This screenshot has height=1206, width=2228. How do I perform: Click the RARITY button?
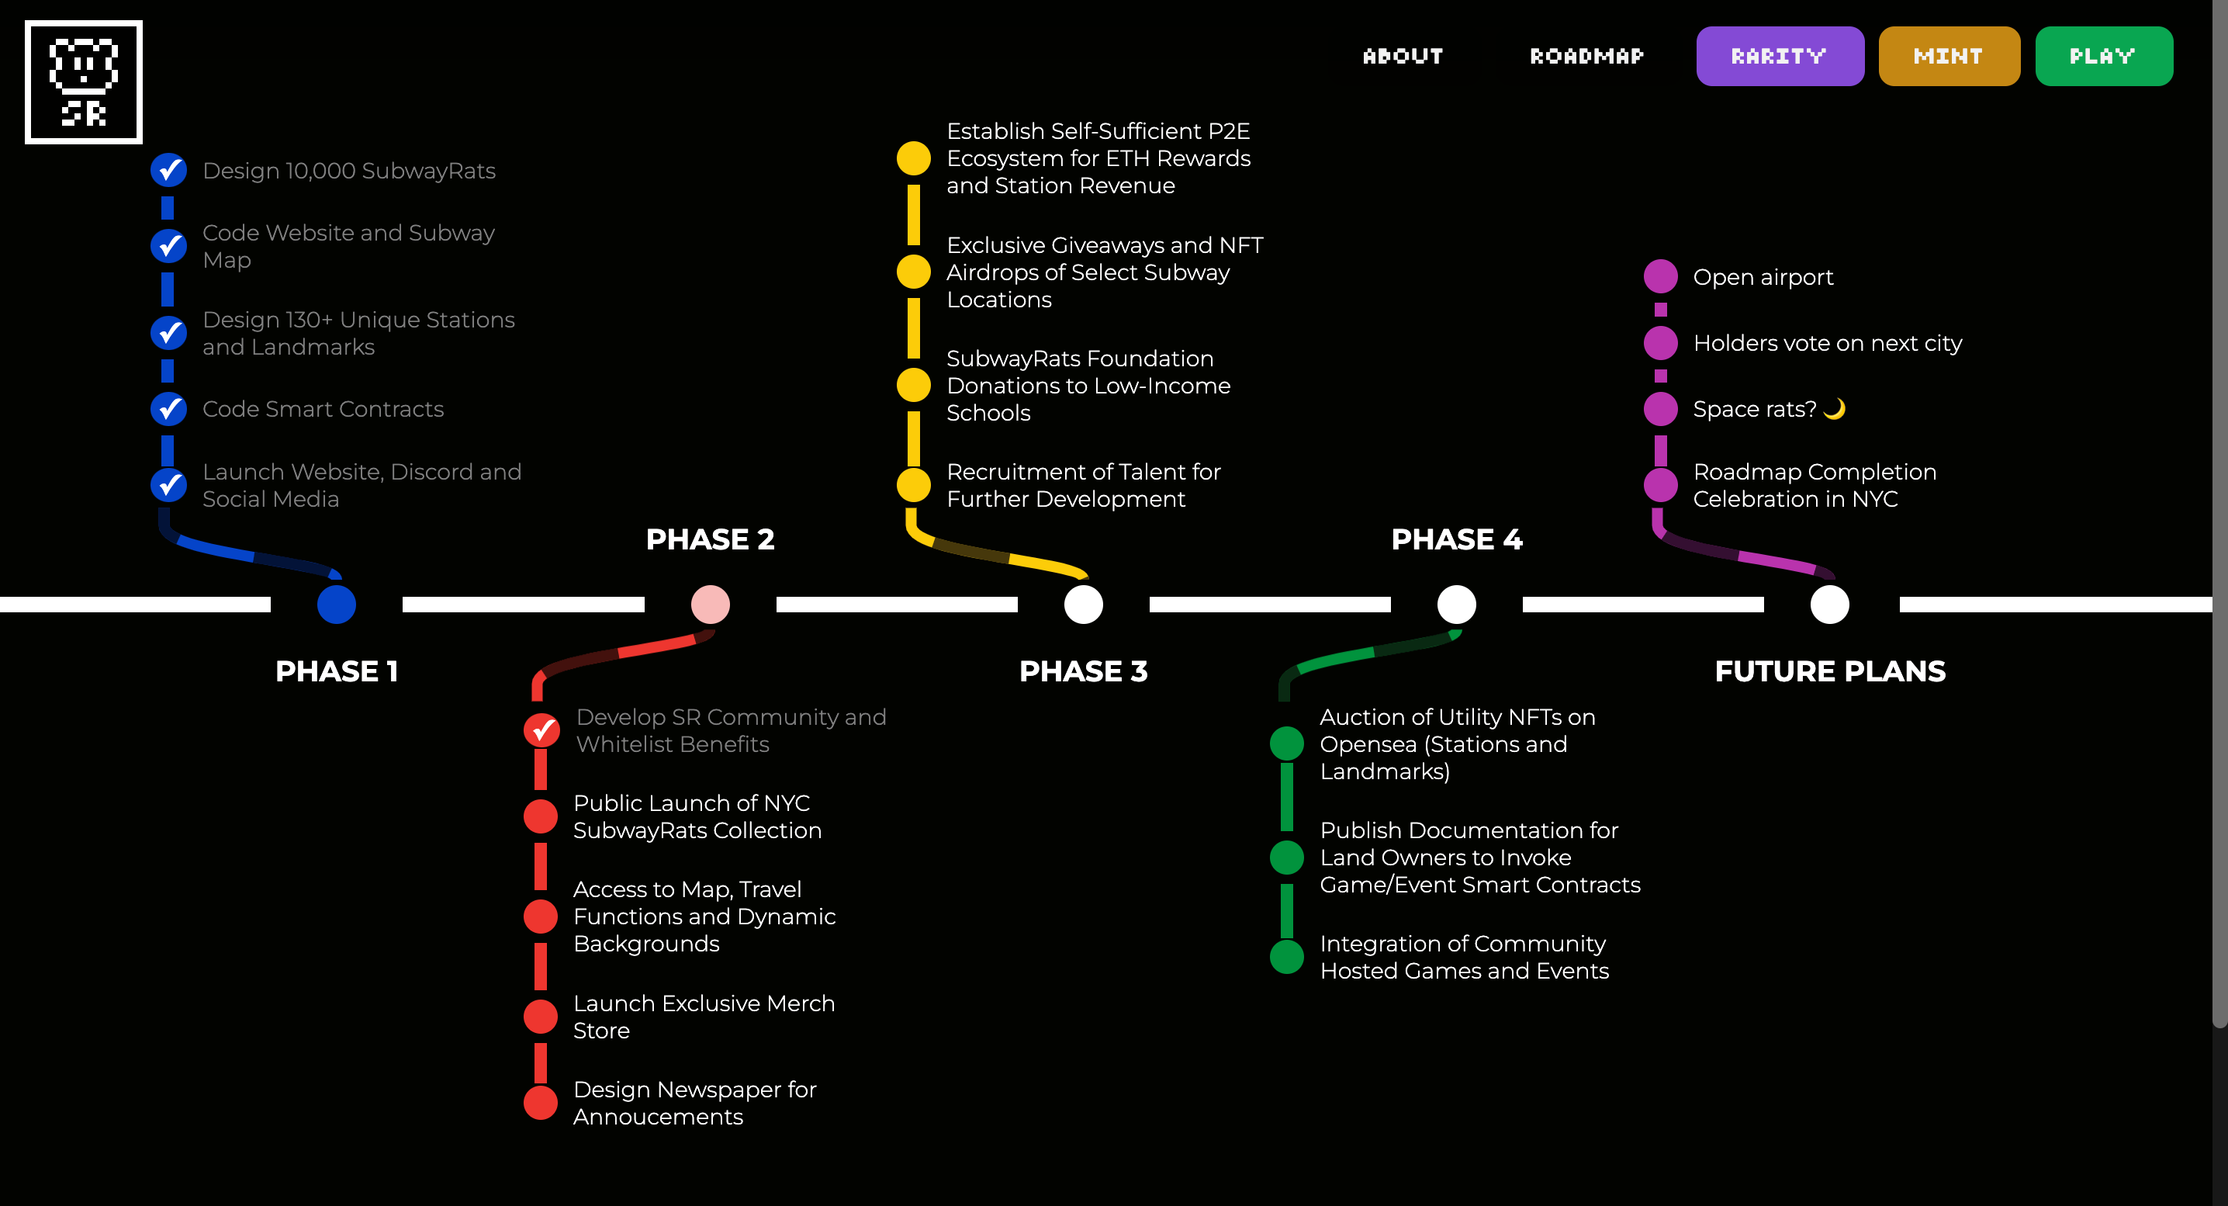(1779, 56)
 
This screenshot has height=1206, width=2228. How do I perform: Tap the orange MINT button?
(1949, 56)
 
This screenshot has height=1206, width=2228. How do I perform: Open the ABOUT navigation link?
(1403, 56)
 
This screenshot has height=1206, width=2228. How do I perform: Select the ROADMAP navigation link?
(1586, 56)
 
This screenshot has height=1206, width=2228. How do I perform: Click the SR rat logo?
(84, 82)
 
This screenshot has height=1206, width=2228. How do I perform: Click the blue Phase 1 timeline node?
(337, 604)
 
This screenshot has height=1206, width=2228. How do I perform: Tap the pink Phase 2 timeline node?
(710, 604)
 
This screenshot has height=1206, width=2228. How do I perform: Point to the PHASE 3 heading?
(1083, 671)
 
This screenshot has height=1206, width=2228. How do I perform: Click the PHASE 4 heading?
(1457, 539)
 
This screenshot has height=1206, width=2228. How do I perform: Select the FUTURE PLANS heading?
(1830, 671)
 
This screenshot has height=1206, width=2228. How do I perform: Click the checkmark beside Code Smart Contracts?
(168, 408)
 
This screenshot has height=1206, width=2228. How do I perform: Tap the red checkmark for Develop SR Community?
(541, 730)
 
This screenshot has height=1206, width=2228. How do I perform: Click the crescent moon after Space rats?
(1834, 408)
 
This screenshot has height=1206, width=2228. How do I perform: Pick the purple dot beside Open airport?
(1661, 277)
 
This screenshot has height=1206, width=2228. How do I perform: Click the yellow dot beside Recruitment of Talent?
(913, 485)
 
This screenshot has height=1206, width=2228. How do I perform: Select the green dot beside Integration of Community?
(1287, 957)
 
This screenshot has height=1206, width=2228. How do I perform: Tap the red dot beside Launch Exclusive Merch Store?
(541, 1017)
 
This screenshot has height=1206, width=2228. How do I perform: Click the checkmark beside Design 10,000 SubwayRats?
(168, 171)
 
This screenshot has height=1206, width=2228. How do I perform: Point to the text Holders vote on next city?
(1828, 344)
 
